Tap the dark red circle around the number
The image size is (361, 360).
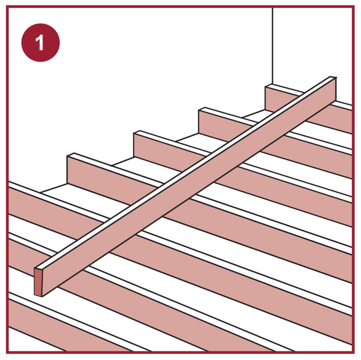click(41, 43)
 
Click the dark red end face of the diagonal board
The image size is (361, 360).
click(38, 282)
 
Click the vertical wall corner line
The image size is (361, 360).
click(273, 46)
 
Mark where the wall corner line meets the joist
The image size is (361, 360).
click(273, 84)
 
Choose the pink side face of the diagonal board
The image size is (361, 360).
click(189, 187)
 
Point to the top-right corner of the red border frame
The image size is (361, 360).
click(353, 7)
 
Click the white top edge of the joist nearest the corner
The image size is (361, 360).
click(308, 94)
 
